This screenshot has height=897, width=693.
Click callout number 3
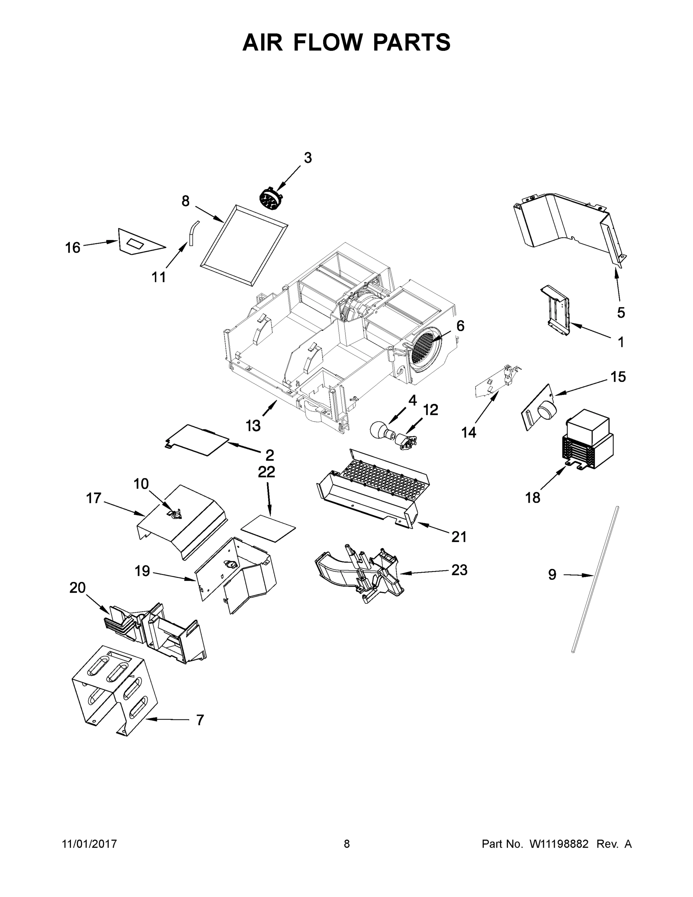(x=307, y=158)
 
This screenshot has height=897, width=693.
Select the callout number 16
(x=73, y=248)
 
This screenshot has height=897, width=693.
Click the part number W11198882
(x=559, y=844)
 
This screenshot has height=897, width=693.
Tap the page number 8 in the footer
(x=347, y=844)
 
